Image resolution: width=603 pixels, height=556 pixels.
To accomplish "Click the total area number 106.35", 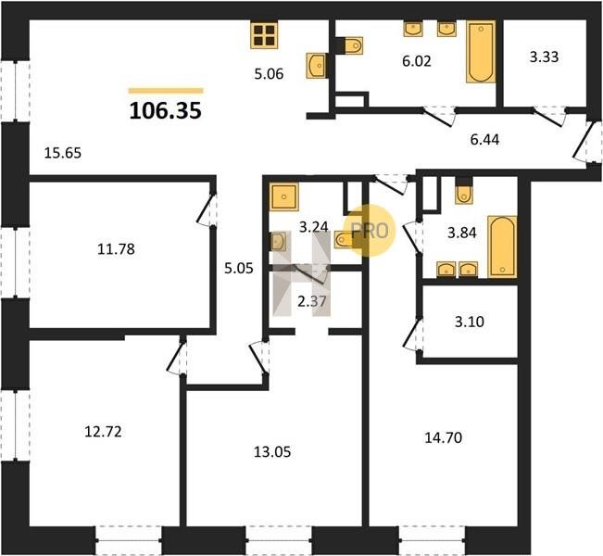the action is click(166, 111).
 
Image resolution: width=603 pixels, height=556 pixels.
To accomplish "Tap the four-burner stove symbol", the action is click(264, 35).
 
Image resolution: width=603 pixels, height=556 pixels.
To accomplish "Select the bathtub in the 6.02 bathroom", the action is click(481, 52).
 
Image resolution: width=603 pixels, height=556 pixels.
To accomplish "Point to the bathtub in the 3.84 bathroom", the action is click(502, 246).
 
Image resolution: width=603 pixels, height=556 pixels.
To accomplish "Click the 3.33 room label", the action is click(544, 57).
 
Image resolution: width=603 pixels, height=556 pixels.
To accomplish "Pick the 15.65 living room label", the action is click(63, 153).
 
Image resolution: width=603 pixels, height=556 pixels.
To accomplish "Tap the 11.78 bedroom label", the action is click(116, 249).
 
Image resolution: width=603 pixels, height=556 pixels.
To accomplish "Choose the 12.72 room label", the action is click(103, 432).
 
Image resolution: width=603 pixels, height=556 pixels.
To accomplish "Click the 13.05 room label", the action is click(272, 451).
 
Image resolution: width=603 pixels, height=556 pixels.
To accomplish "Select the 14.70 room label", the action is click(444, 437).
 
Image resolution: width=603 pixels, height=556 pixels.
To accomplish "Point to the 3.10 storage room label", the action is click(470, 322).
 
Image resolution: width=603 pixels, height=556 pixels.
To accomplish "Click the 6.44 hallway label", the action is click(484, 140).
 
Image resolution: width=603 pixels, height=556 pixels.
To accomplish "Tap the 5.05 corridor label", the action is click(239, 268).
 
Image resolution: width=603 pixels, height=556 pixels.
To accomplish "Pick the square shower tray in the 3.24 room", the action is click(283, 197).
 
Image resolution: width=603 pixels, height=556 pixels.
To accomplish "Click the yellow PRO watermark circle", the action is click(370, 231).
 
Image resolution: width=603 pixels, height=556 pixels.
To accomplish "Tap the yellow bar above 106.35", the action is click(166, 91).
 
